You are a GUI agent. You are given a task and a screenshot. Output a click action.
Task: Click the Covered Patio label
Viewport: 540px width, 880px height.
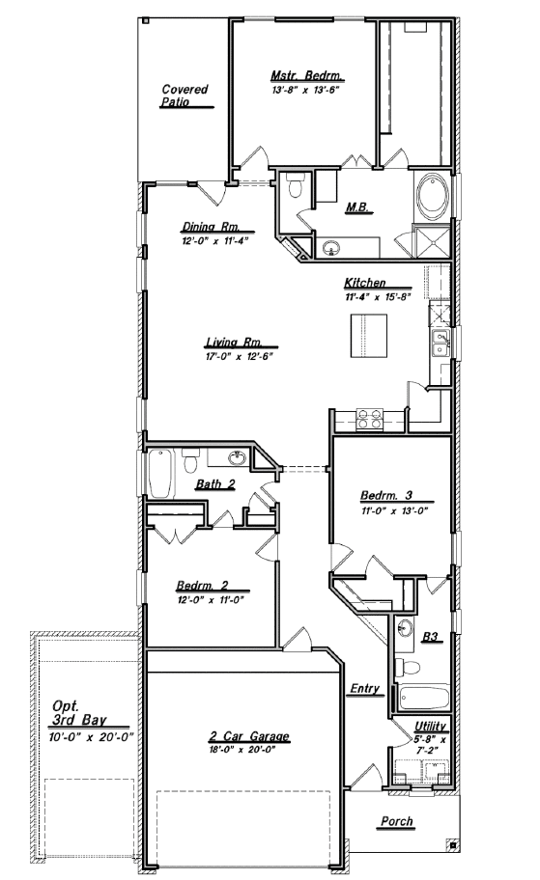click(185, 95)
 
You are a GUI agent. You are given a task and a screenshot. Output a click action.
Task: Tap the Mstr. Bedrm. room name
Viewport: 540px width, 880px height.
click(306, 75)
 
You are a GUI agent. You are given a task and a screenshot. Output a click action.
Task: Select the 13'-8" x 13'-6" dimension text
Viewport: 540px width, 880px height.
click(306, 89)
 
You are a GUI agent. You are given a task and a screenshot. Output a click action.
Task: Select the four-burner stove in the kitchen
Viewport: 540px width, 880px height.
click(370, 420)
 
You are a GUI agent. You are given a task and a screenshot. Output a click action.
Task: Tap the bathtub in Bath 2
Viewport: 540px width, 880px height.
click(160, 473)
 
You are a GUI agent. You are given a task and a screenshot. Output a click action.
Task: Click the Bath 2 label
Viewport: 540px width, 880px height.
click(214, 484)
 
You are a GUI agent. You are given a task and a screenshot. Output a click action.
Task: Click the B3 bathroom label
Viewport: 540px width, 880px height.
click(432, 637)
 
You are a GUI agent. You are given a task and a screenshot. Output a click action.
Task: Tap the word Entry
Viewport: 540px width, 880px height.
click(365, 689)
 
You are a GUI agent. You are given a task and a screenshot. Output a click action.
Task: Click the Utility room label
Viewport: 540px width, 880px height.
click(430, 726)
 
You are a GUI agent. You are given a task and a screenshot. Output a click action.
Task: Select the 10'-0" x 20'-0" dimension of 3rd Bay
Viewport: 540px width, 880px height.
click(91, 735)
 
